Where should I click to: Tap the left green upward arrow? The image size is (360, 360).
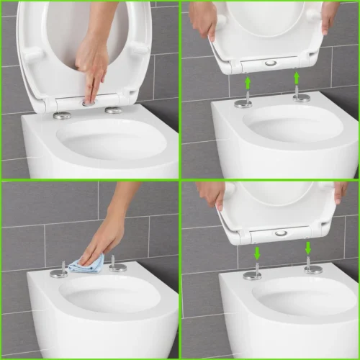coord(247,84)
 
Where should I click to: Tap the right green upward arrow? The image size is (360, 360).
coord(296,77)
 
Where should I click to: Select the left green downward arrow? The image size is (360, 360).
coord(258,254)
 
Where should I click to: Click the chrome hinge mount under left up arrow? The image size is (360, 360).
coord(244,102)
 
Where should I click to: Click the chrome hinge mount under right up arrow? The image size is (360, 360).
coord(302,96)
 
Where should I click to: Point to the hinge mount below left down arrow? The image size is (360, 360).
coord(253,274)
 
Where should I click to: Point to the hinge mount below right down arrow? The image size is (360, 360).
coord(312,269)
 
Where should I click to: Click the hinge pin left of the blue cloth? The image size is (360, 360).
coord(60,272)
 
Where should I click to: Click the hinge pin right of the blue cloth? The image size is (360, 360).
coord(117,266)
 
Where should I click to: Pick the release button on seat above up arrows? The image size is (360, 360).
coord(270,63)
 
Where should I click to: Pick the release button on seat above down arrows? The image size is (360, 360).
coord(281,233)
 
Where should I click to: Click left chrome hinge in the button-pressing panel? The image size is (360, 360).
coord(63,114)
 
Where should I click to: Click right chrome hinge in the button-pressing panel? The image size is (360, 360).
coord(113,109)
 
